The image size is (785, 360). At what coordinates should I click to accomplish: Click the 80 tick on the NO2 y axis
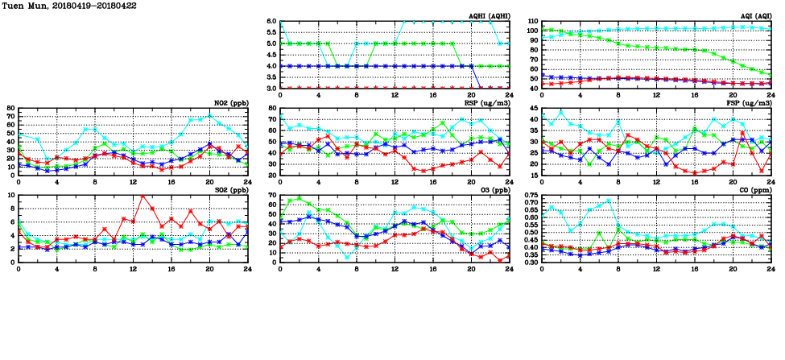click(10, 108)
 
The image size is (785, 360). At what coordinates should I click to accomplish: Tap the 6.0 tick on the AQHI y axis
click(271, 22)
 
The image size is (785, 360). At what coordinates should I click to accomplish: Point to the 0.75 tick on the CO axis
click(530, 195)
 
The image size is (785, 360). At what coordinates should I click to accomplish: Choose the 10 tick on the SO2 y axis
click(10, 195)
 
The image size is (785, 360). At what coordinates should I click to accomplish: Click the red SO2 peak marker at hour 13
click(143, 196)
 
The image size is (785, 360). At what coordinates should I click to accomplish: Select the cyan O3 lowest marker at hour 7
click(347, 258)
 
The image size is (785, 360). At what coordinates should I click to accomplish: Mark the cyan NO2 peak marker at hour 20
click(209, 116)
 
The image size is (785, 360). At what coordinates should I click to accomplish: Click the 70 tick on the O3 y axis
click(271, 195)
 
